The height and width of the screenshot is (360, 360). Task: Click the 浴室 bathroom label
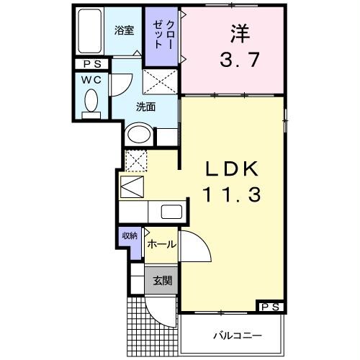point(125,30)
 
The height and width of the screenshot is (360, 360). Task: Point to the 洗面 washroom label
point(146,108)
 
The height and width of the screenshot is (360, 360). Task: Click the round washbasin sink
point(138,135)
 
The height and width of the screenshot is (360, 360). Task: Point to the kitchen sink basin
point(172,212)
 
